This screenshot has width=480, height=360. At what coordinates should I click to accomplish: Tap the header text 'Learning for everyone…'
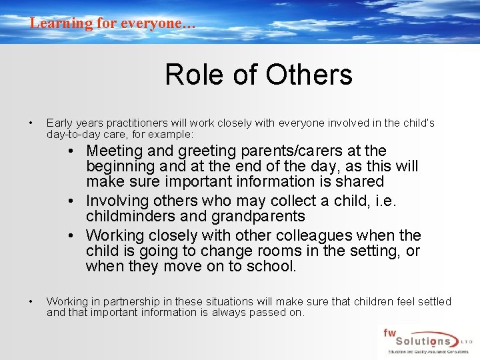pyautogui.click(x=113, y=23)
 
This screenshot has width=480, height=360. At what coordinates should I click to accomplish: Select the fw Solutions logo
pyautogui.click(x=425, y=341)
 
